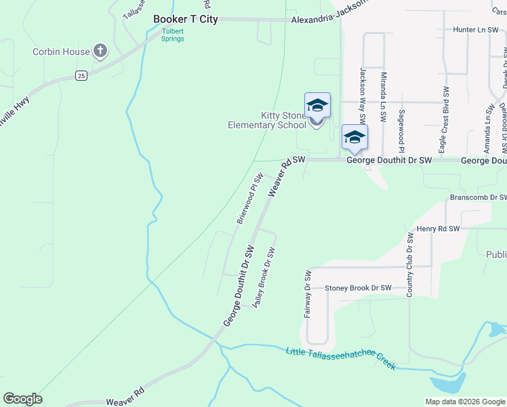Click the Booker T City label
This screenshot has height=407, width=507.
click(186, 19)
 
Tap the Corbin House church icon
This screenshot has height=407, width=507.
click(100, 51)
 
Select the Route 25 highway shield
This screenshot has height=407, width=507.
click(81, 75)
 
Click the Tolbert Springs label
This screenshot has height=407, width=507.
click(172, 34)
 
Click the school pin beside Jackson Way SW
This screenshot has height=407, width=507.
click(354, 138)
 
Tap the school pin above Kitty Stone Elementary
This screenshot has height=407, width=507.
click(317, 106)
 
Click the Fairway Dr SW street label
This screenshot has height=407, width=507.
click(308, 295)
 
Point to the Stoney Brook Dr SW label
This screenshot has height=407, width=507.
click(358, 288)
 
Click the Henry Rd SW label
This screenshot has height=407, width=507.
click(438, 229)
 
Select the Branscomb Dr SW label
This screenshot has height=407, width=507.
click(478, 197)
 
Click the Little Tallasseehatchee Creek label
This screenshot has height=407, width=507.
click(340, 357)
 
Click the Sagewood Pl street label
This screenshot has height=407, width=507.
click(402, 130)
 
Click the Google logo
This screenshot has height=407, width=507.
click(22, 399)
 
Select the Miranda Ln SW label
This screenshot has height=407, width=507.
click(383, 97)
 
